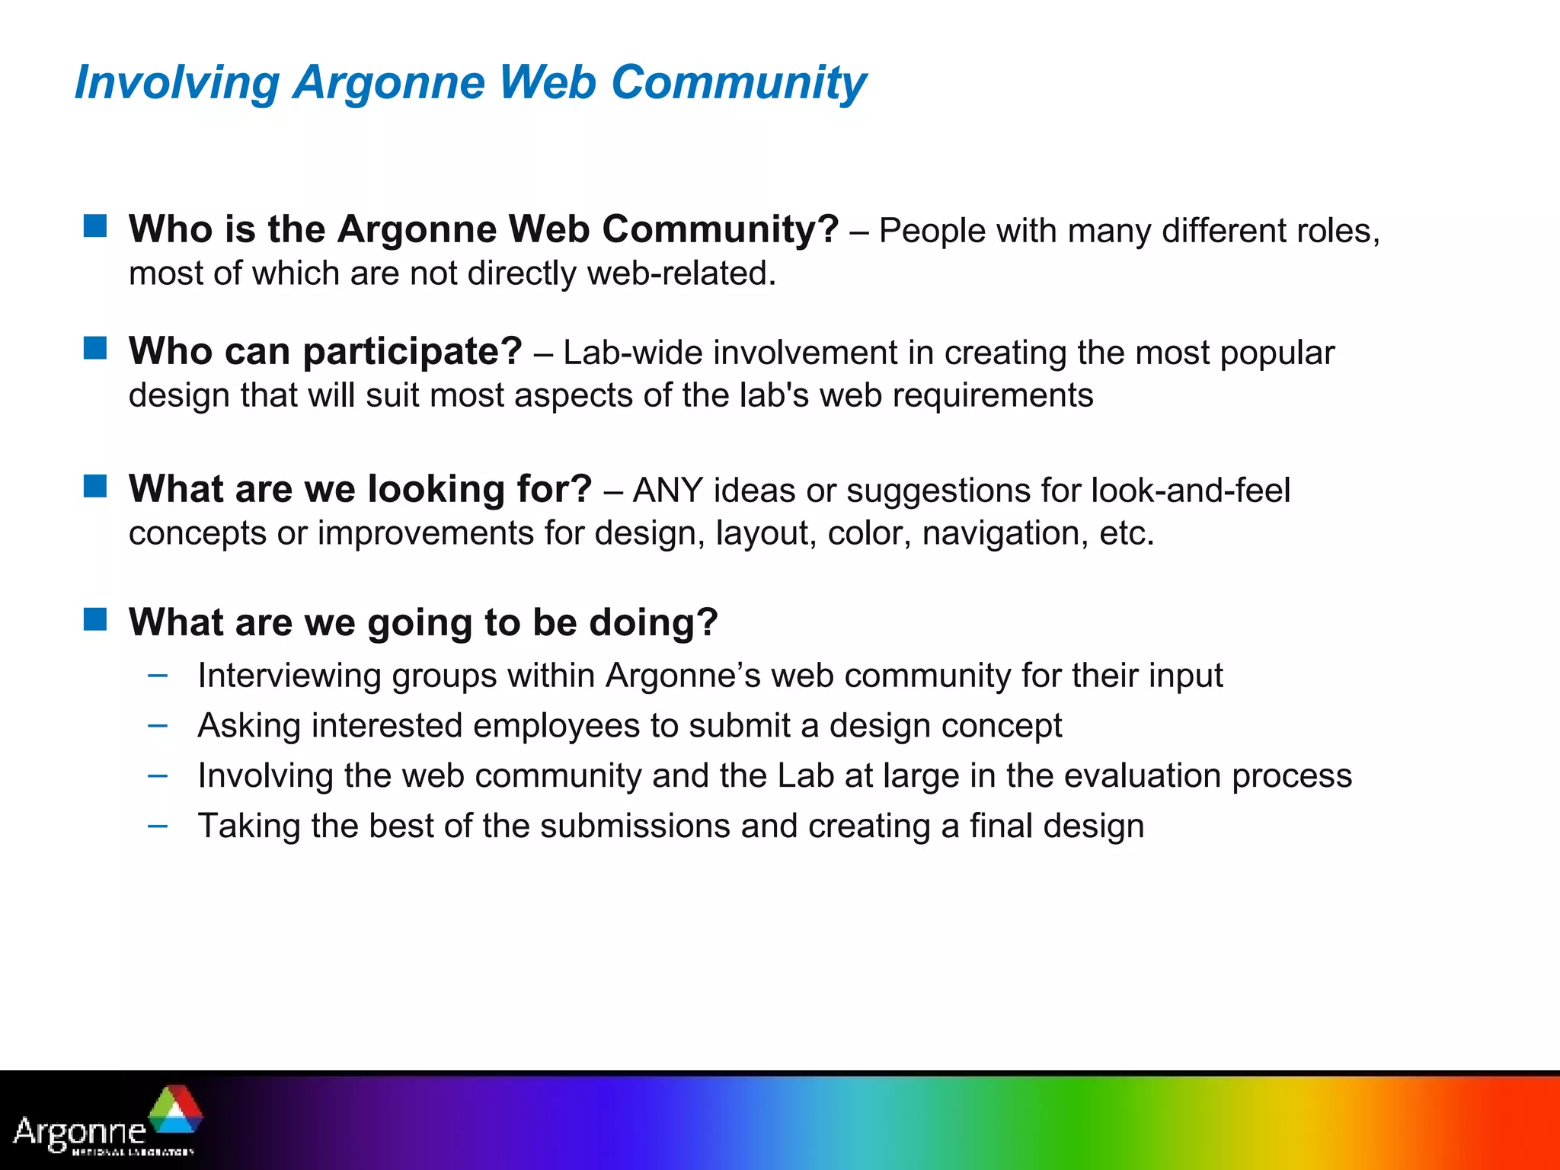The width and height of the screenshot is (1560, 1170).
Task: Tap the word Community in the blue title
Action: [738, 82]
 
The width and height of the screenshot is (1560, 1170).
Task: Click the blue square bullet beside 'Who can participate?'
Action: [95, 348]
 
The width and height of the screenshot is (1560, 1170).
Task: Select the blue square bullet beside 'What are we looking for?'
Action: [95, 485]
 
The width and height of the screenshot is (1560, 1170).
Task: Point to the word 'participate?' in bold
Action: [412, 352]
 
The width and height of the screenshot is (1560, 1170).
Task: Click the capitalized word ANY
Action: [667, 491]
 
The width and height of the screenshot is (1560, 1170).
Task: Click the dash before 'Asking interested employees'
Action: [158, 725]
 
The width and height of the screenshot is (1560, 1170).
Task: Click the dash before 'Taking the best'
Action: [158, 826]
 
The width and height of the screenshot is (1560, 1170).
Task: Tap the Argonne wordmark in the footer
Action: [80, 1132]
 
